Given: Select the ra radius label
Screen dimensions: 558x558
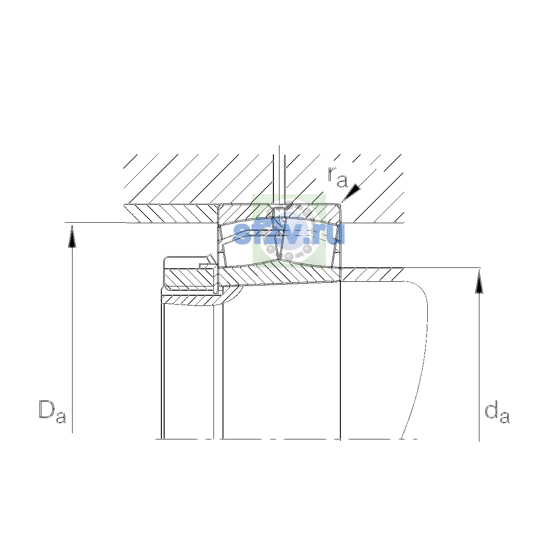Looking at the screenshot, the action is click(x=338, y=177).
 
